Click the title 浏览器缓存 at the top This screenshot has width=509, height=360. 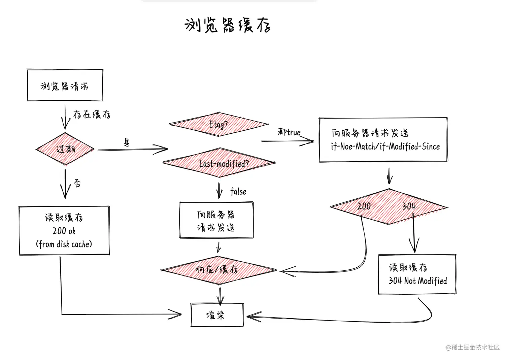(x=228, y=25)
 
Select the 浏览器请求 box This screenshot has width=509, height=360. (x=65, y=86)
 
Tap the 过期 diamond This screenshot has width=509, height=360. (x=65, y=149)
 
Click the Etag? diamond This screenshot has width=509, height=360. (x=218, y=125)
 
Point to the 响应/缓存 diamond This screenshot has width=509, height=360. (x=217, y=269)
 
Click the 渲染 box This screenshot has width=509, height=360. (x=217, y=315)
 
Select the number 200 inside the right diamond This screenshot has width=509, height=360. (x=364, y=206)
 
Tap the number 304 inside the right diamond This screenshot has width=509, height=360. (x=409, y=206)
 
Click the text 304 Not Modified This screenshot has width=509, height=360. (x=417, y=281)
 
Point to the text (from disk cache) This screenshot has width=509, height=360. (x=64, y=244)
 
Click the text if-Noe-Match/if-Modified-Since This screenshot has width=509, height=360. (x=385, y=146)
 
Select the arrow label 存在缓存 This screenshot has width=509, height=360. (x=92, y=114)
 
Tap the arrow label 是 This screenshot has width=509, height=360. (x=127, y=142)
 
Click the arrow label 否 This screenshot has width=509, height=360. (x=77, y=183)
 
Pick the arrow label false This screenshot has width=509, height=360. (x=238, y=192)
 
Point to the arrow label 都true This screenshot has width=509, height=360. (x=289, y=132)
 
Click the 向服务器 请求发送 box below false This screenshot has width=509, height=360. (x=216, y=221)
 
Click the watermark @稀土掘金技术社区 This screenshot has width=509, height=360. (x=473, y=347)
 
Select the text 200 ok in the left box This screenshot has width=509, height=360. (x=64, y=231)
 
